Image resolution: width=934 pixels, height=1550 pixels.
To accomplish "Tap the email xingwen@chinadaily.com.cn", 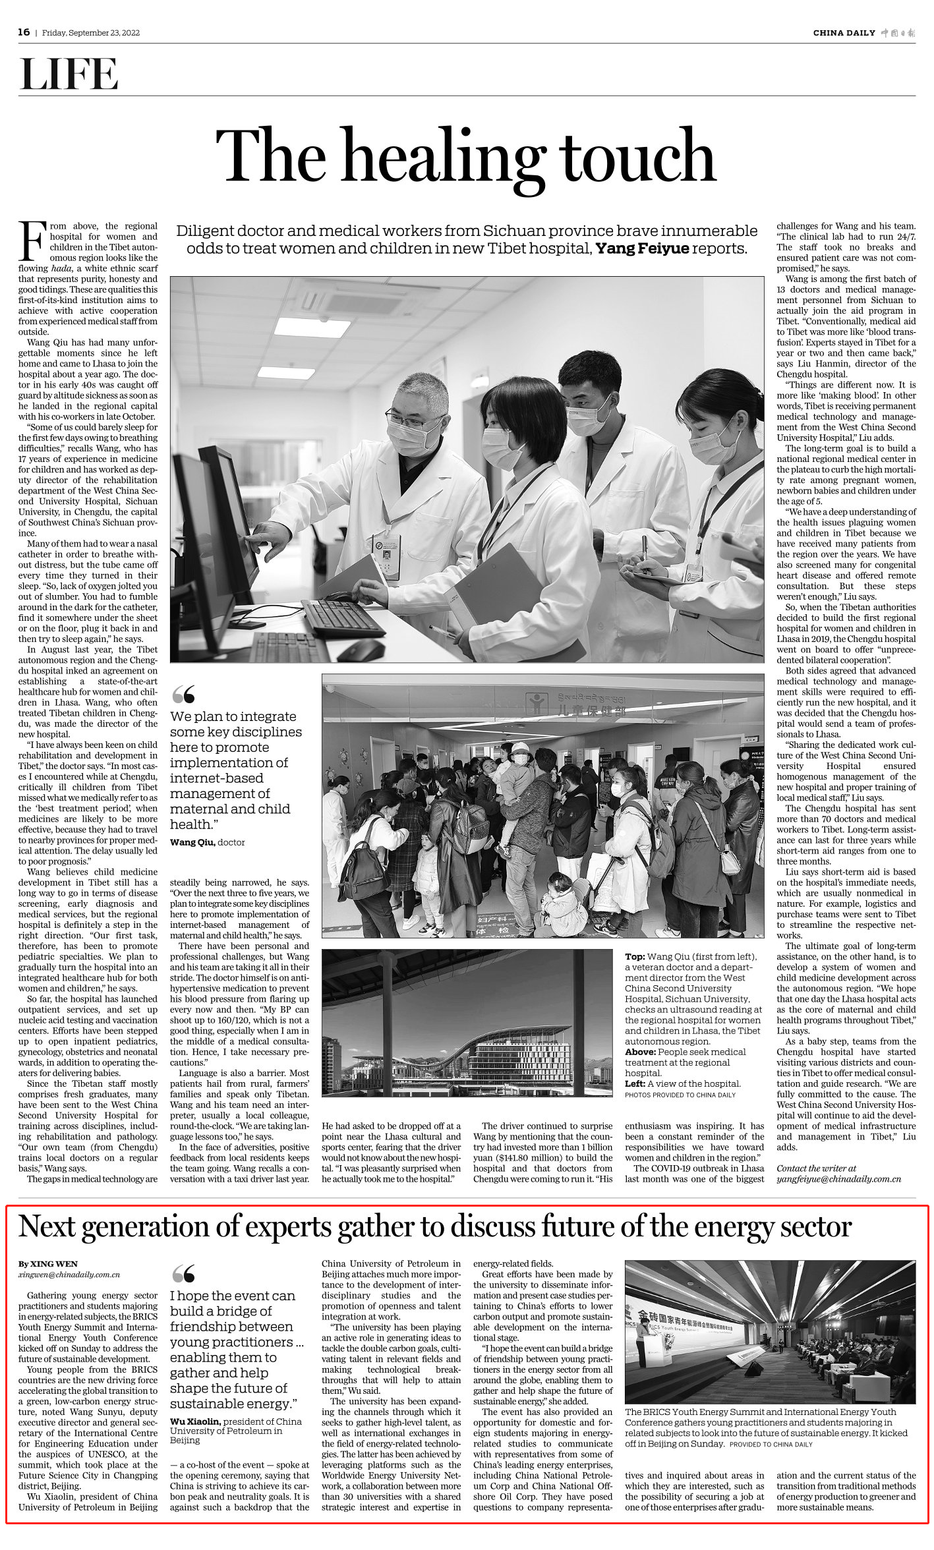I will pyautogui.click(x=69, y=1275).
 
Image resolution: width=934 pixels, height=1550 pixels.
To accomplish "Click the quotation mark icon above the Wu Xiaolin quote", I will pyautogui.click(x=183, y=1273).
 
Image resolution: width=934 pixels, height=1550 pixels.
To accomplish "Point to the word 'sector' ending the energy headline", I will pyautogui.click(x=815, y=1227).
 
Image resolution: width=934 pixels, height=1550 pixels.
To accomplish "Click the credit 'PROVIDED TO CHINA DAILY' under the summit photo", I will pyautogui.click(x=771, y=1445).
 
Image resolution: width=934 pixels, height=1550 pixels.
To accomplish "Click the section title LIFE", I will pyautogui.click(x=69, y=74).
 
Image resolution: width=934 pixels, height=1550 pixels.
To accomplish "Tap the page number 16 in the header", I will pyautogui.click(x=24, y=32).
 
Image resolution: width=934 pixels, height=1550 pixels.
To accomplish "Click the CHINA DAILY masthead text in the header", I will pyautogui.click(x=844, y=33).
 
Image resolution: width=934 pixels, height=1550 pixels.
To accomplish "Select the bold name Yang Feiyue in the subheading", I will pyautogui.click(x=642, y=248).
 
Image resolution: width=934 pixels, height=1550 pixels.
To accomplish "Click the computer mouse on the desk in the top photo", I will pyautogui.click(x=360, y=650).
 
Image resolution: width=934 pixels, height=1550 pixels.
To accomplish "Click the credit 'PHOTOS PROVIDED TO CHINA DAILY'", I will pyautogui.click(x=680, y=1095).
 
